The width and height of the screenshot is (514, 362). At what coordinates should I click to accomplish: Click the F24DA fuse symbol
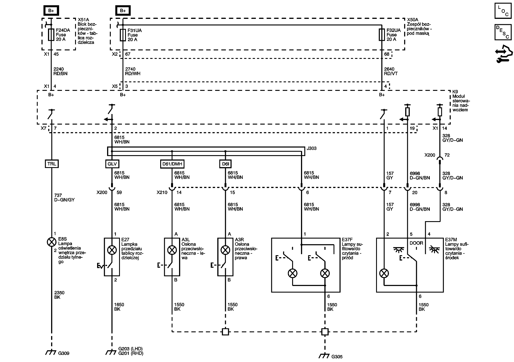pyautogui.click(x=51, y=35)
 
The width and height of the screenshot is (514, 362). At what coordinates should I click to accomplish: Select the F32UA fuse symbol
pyautogui.click(x=382, y=35)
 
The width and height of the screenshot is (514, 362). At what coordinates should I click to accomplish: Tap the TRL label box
pyautogui.click(x=52, y=164)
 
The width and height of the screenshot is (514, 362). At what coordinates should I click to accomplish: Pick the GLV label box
pyautogui.click(x=112, y=164)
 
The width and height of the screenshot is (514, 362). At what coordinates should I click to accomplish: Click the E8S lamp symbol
pyautogui.click(x=51, y=242)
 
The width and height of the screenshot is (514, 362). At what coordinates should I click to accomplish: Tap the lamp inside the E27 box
pyautogui.click(x=112, y=250)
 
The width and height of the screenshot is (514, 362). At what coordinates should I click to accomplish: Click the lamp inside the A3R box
pyautogui.click(x=225, y=250)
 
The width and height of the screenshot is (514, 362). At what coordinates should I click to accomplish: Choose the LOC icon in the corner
pyautogui.click(x=503, y=11)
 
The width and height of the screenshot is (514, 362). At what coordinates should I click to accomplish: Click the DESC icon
pyautogui.click(x=503, y=32)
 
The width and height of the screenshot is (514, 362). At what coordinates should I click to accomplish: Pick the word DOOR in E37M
pyautogui.click(x=416, y=243)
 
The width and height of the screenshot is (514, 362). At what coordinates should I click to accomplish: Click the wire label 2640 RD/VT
pyautogui.click(x=391, y=71)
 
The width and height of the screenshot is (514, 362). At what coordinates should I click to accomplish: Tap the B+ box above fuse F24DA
pyautogui.click(x=51, y=11)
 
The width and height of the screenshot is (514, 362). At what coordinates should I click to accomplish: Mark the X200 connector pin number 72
pyautogui.click(x=447, y=155)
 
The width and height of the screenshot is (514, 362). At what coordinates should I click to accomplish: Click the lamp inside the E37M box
pyautogui.click(x=384, y=273)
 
